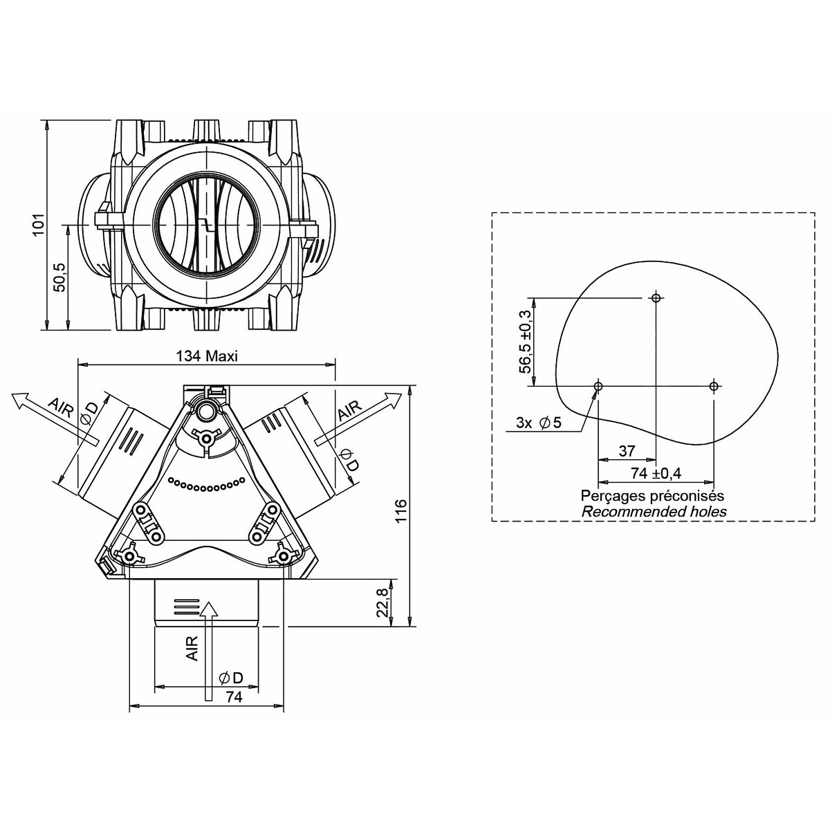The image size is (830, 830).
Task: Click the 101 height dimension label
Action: click(39, 224)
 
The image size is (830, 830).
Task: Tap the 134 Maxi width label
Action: click(207, 356)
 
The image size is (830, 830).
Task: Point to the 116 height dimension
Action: click(400, 510)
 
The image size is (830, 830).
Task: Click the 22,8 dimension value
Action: click(383, 602)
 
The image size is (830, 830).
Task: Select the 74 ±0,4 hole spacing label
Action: click(656, 473)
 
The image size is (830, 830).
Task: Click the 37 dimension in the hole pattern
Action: click(627, 450)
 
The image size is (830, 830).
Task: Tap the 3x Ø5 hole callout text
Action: click(539, 423)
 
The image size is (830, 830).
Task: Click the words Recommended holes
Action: click(654, 512)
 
